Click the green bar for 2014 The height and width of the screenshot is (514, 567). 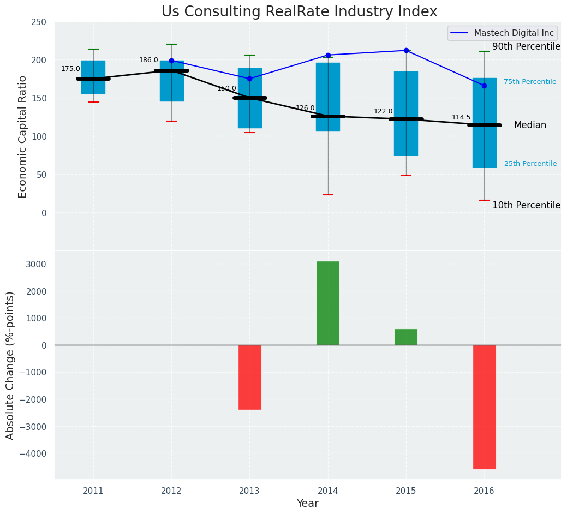327,303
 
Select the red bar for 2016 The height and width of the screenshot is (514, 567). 484,407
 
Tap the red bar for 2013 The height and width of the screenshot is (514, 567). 249,377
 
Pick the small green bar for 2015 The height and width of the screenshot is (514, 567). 405,337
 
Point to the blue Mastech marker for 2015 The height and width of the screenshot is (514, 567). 406,51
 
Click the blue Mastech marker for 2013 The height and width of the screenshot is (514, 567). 249,79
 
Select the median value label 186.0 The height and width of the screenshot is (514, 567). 148,60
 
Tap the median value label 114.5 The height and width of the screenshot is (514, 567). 461,117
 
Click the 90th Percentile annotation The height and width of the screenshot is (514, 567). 526,47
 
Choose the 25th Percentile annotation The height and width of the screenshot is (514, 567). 530,164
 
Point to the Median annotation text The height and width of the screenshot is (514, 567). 530,125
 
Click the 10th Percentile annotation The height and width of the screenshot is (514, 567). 526,206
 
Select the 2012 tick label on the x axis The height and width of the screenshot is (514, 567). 171,491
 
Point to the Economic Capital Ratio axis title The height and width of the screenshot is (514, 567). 22,136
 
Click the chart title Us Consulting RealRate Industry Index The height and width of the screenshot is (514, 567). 299,12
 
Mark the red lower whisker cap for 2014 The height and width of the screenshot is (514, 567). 328,195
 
